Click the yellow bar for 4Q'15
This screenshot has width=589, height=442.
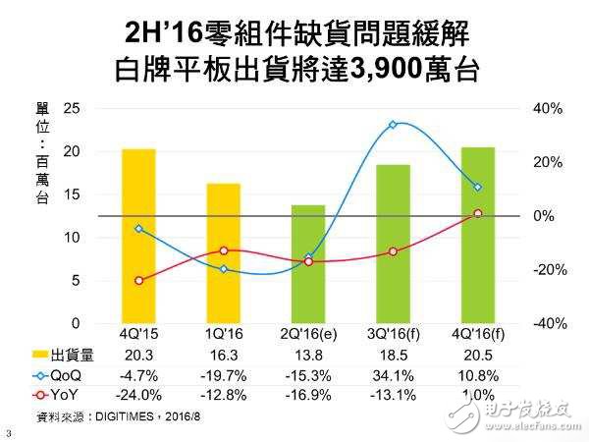pyautogui.click(x=138, y=236)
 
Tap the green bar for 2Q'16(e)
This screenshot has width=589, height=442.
pyautogui.click(x=308, y=264)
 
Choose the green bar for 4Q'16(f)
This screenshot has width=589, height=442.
pyautogui.click(x=477, y=235)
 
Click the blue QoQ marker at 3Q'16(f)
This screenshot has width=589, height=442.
pyautogui.click(x=393, y=125)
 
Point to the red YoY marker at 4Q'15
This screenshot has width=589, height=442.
pyautogui.click(x=138, y=281)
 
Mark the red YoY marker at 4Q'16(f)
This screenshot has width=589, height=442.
pyautogui.click(x=478, y=213)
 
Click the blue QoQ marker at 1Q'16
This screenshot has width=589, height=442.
pyautogui.click(x=224, y=269)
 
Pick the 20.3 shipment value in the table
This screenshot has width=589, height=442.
pyautogui.click(x=138, y=359)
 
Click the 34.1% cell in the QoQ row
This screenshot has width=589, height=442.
pyautogui.click(x=393, y=376)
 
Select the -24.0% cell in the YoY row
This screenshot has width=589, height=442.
pyautogui.click(x=138, y=394)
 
